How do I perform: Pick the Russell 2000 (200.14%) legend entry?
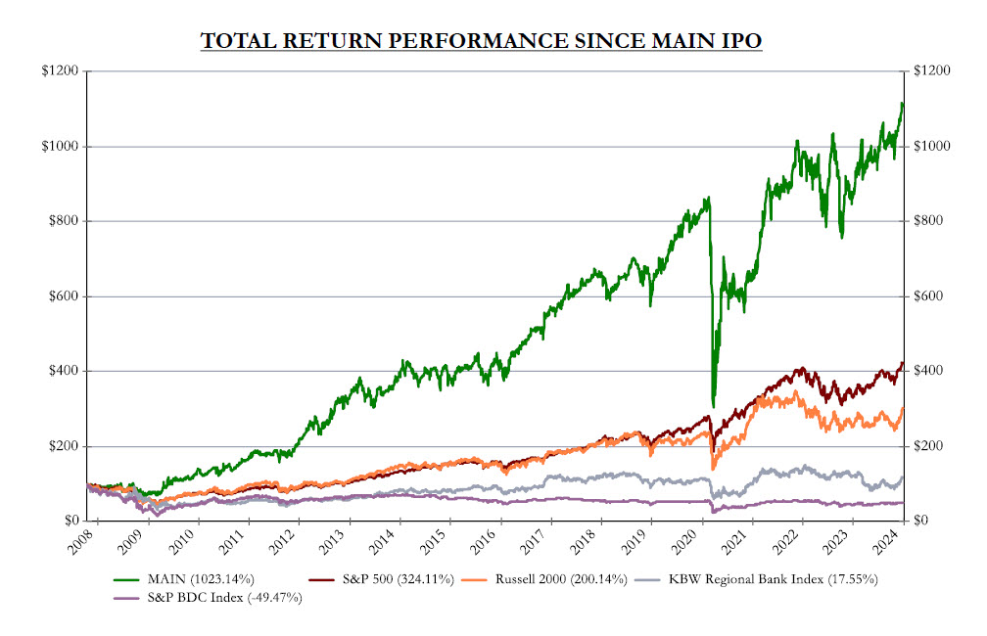point(553,579)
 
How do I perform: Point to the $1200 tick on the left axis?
point(65,71)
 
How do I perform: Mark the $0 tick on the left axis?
point(72,521)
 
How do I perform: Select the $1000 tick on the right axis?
point(929,147)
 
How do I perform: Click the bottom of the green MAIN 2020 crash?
point(713,405)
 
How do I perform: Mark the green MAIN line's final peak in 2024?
point(901,103)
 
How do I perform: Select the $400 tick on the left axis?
point(68,371)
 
